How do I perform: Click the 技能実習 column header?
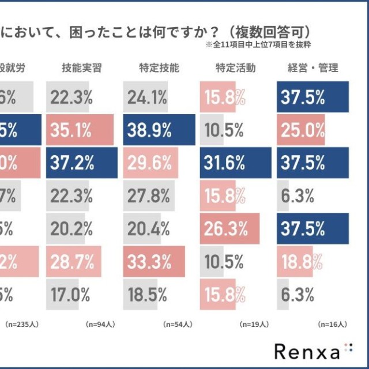(82, 68)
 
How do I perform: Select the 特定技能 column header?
(159, 68)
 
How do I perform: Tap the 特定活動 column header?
(236, 68)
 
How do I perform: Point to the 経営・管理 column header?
(312, 68)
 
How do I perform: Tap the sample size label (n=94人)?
(101, 325)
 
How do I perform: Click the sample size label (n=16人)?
(331, 325)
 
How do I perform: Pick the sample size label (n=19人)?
(254, 325)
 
